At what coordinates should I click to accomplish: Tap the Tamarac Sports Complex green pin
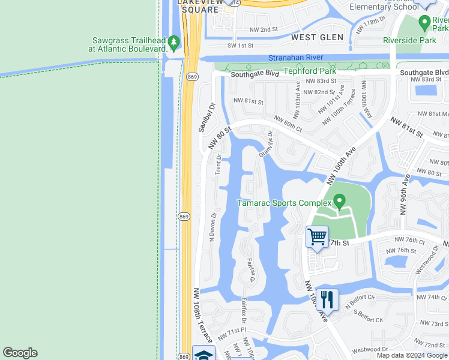point(339,202)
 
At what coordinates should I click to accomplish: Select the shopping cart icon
point(317,236)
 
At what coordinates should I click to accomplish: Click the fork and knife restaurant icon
point(327,299)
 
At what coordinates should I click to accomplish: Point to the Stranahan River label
point(295,58)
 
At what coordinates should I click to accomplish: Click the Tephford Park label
point(309,71)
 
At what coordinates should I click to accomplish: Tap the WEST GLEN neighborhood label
point(318,37)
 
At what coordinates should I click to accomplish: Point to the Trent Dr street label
point(218,164)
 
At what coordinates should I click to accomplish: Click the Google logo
point(20,353)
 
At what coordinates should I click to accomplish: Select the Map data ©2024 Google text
point(412,355)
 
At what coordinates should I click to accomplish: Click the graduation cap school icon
point(203,353)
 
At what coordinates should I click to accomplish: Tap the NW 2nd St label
point(264,29)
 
